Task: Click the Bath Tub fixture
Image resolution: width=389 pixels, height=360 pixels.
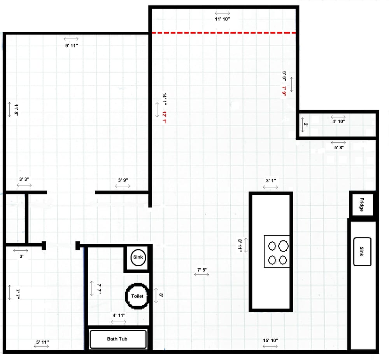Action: [118, 339]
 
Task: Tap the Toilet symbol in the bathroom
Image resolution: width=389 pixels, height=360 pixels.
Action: [137, 296]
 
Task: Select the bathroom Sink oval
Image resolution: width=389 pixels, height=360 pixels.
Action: [138, 257]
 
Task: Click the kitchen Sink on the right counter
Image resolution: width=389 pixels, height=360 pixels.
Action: [362, 252]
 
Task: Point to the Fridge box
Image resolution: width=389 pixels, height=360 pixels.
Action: [362, 204]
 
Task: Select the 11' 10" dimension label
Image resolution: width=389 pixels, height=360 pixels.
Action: [223, 19]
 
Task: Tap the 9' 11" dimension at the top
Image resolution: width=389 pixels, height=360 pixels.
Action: [71, 45]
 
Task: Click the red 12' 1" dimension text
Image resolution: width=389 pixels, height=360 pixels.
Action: [165, 117]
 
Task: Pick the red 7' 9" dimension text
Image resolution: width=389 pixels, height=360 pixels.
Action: [284, 92]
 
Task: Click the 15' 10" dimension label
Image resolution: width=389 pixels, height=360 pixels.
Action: [270, 340]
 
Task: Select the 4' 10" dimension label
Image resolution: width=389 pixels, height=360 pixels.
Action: [338, 121]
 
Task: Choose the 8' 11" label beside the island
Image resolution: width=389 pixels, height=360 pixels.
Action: [240, 246]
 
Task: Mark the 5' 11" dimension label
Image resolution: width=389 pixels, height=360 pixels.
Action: [42, 342]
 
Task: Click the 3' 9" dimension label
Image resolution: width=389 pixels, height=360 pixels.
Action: [123, 180]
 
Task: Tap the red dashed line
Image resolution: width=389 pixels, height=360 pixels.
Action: [224, 33]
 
